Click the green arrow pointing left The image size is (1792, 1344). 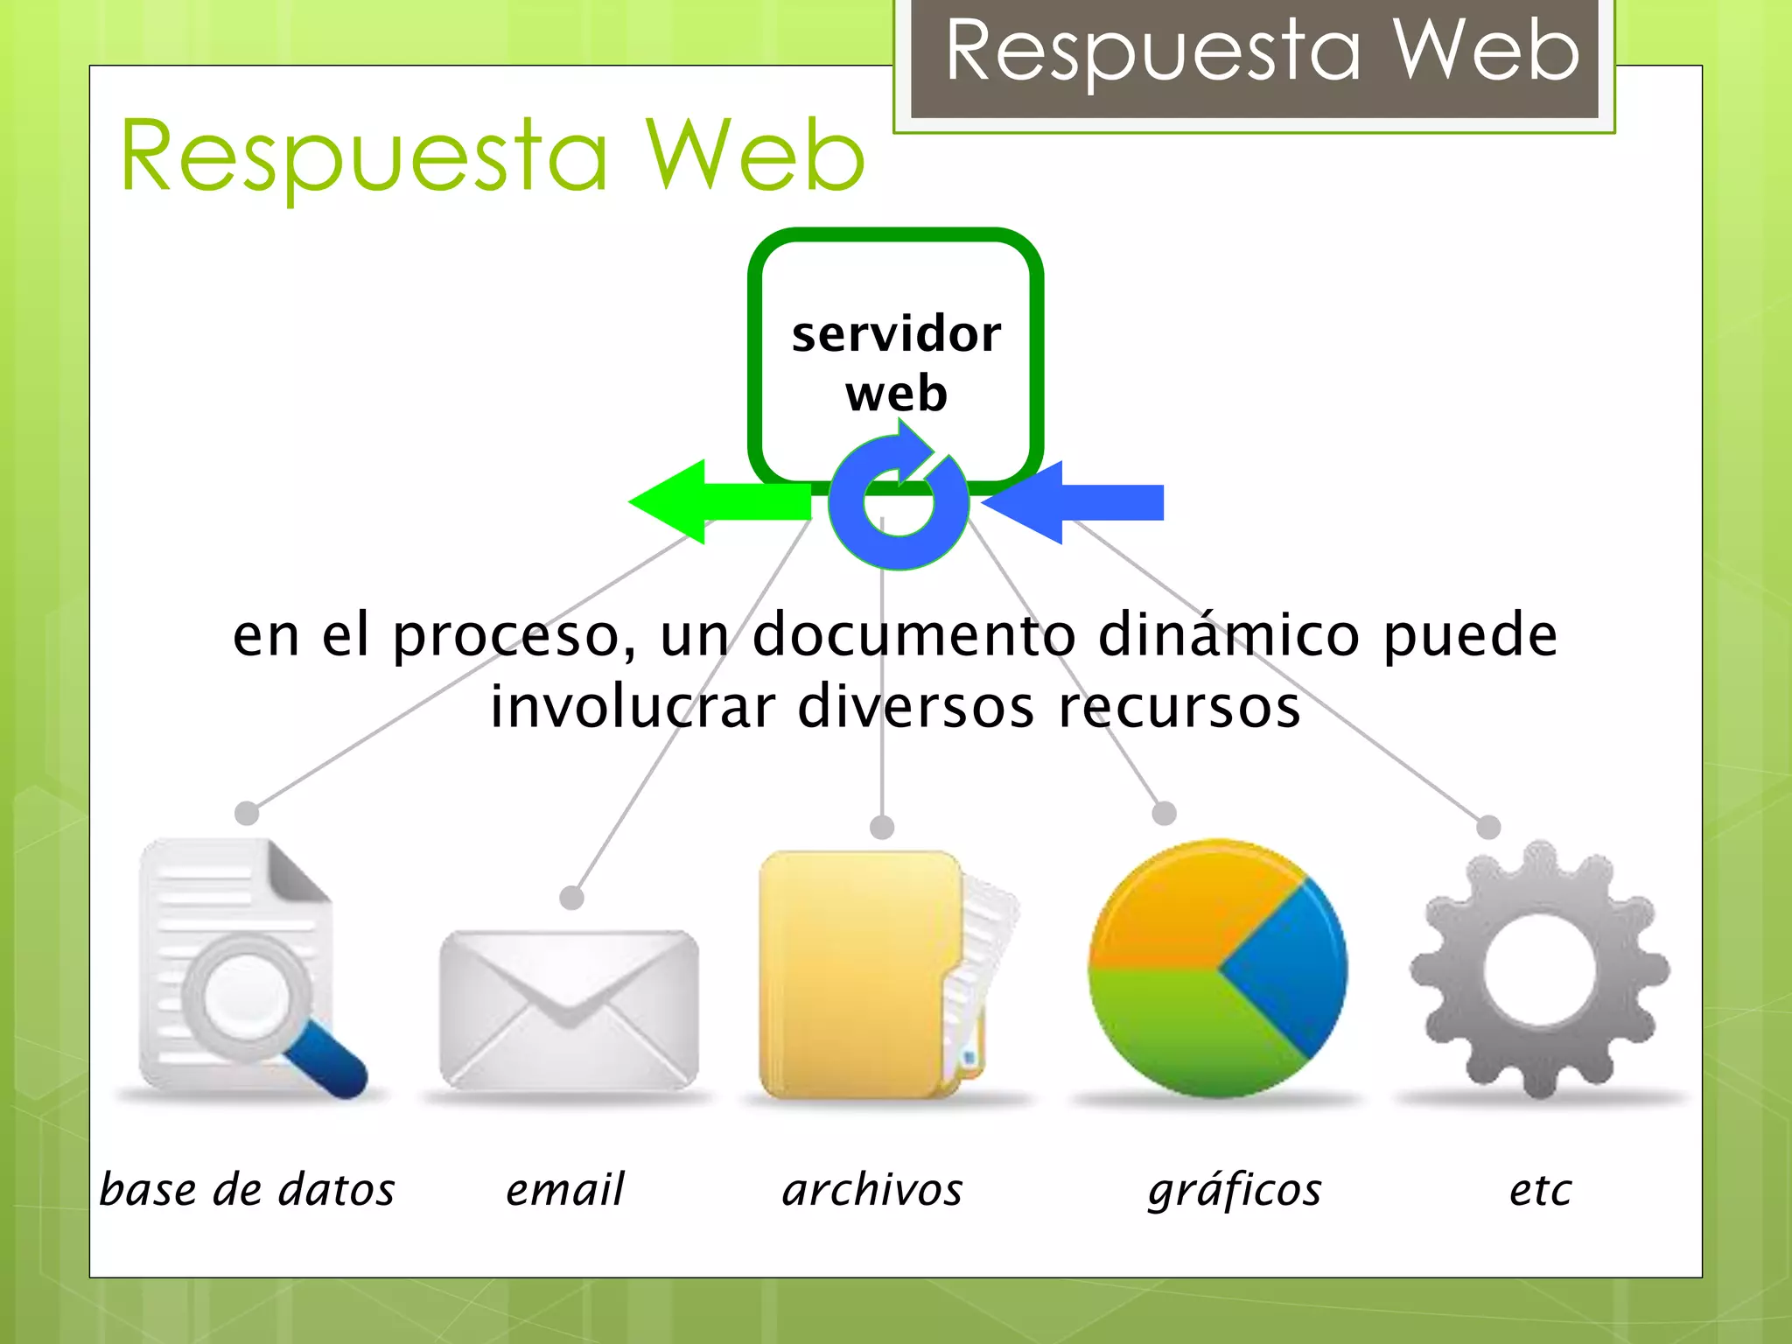(x=709, y=502)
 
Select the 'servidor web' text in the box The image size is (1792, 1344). (x=896, y=362)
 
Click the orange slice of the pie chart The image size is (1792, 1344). (x=1181, y=910)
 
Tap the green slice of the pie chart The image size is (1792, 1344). (x=1190, y=1032)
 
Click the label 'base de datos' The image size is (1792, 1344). (x=247, y=1190)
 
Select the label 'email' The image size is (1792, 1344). (x=565, y=1190)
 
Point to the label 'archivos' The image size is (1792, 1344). (x=872, y=1190)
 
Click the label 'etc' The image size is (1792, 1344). (x=1540, y=1190)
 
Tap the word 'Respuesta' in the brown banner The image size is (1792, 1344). (x=1153, y=52)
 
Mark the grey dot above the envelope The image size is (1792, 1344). (x=571, y=898)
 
